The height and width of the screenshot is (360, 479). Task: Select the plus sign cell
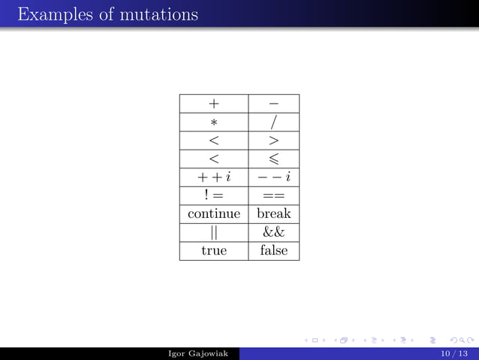click(214, 104)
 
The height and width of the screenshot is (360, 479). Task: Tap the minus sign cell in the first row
click(273, 104)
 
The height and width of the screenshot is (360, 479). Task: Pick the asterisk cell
click(214, 122)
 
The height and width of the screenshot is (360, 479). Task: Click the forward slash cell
click(273, 122)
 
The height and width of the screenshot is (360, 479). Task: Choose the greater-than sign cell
click(273, 141)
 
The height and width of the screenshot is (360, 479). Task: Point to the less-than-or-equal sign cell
click(273, 159)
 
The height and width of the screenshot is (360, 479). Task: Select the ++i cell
click(214, 177)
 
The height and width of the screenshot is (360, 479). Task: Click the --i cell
click(273, 177)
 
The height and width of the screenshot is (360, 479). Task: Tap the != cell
click(214, 195)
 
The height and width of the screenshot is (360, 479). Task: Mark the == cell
click(273, 195)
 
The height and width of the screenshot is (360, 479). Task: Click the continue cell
click(214, 213)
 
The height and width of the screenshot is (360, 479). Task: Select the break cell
click(273, 213)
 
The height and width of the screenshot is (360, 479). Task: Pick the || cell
click(214, 232)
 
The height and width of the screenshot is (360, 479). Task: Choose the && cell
click(273, 232)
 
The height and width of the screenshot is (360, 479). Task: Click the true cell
click(214, 250)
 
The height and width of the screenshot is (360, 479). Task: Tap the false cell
click(273, 250)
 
